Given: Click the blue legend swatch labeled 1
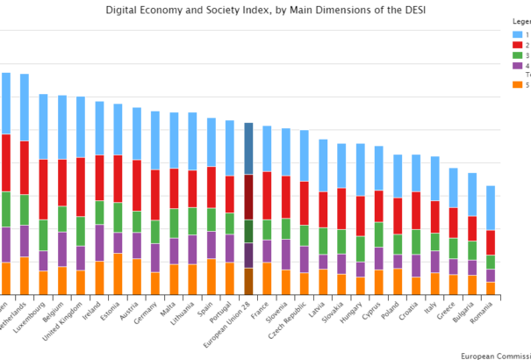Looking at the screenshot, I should click(518, 34).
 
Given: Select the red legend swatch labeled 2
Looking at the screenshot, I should click(518, 45).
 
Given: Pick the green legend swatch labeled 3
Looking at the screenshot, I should click(518, 55).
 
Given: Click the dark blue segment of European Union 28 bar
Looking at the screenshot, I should click(248, 148).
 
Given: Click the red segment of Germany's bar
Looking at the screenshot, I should click(155, 194).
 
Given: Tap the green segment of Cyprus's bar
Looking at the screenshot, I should click(379, 234).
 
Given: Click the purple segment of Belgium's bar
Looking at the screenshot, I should click(61, 248).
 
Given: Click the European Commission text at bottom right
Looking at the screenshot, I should click(495, 356).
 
